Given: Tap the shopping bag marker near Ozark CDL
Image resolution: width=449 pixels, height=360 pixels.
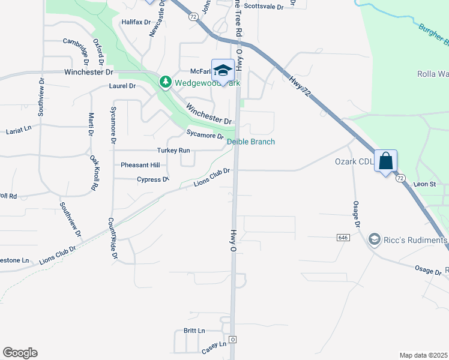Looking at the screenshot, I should click(x=385, y=161).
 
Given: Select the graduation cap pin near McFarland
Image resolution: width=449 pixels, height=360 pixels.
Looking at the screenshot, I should click(x=223, y=70).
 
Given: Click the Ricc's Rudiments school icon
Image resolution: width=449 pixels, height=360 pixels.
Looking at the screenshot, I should click(x=375, y=240).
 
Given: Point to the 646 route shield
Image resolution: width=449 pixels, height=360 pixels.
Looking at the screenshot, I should click(x=343, y=238).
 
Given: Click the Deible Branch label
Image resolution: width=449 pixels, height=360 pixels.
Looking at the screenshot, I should click(x=251, y=142).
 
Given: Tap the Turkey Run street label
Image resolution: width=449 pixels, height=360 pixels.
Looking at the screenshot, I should click(x=173, y=150).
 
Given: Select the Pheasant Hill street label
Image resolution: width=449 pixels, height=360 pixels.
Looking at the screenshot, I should click(x=140, y=165).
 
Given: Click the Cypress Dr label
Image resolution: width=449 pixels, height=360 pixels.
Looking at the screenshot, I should click(x=152, y=179).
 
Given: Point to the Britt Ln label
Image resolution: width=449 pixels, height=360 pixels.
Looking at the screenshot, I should click(x=194, y=331).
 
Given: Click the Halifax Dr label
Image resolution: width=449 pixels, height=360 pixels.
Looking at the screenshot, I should click(x=134, y=22).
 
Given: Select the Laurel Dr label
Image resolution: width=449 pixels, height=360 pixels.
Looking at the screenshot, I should click(x=122, y=86).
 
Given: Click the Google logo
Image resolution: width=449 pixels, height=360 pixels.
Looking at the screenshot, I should click(x=20, y=353).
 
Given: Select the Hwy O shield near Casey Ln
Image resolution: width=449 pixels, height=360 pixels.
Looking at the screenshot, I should click(x=233, y=340).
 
